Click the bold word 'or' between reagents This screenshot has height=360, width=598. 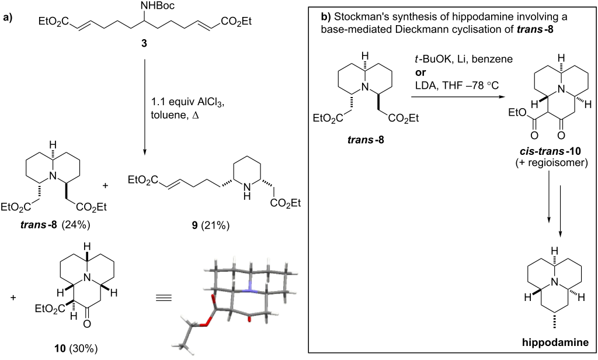[x=415, y=70]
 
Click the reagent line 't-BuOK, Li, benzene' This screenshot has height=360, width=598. [x=450, y=59]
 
